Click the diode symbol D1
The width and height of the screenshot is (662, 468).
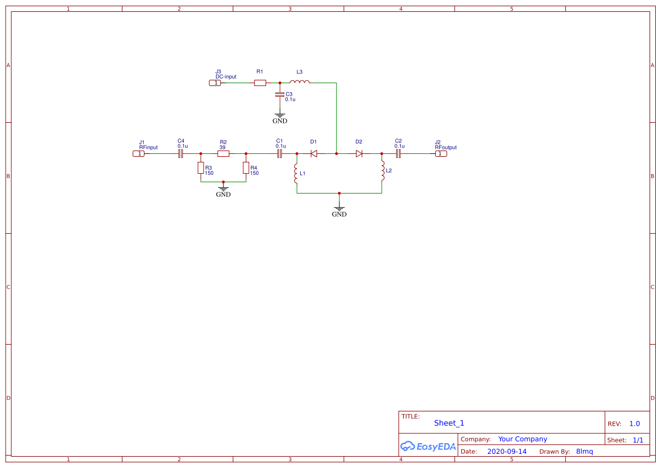pyautogui.click(x=314, y=153)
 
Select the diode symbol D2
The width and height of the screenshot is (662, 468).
pyautogui.click(x=359, y=153)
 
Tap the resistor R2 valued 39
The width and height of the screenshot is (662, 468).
pyautogui.click(x=223, y=153)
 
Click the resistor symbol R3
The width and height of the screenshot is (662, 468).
pyautogui.click(x=201, y=168)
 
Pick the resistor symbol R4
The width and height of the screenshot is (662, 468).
pyautogui.click(x=246, y=168)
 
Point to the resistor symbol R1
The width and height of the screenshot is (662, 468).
pyautogui.click(x=260, y=83)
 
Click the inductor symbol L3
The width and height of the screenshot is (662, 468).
pyautogui.click(x=300, y=83)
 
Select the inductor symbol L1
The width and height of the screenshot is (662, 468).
pyautogui.click(x=296, y=173)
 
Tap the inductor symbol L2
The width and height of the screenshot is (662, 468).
pyautogui.click(x=382, y=171)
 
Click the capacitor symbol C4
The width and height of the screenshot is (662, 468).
pyautogui.click(x=181, y=153)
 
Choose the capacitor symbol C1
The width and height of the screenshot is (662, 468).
pyautogui.click(x=279, y=153)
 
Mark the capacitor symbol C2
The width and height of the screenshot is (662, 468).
pyautogui.click(x=398, y=153)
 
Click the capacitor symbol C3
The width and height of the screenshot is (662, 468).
pyautogui.click(x=279, y=95)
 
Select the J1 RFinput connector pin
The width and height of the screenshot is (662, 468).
pyautogui.click(x=139, y=153)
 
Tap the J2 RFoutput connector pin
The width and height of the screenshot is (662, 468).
pyautogui.click(x=440, y=153)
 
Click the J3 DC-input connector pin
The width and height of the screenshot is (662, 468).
pyautogui.click(x=215, y=83)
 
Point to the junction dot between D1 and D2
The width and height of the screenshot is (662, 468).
pyautogui.click(x=336, y=153)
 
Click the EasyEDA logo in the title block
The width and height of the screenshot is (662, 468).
pyautogui.click(x=428, y=446)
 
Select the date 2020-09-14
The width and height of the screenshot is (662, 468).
pyautogui.click(x=507, y=452)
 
